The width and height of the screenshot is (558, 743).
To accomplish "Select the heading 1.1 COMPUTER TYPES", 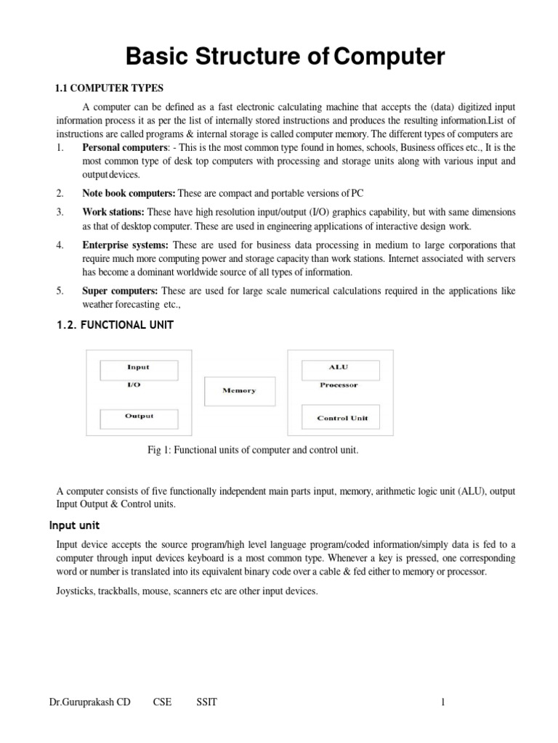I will [105, 89].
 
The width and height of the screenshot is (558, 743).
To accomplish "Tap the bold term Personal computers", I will [123, 147].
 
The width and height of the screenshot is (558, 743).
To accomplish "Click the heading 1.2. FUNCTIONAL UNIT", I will [115, 325].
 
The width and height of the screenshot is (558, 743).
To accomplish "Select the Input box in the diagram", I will [138, 368].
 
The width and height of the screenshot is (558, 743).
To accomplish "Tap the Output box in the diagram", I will [138, 417].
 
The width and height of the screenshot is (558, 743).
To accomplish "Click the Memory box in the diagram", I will [240, 390].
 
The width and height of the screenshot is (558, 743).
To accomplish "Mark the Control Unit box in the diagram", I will [342, 418].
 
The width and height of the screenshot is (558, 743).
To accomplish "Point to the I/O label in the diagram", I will [134, 385].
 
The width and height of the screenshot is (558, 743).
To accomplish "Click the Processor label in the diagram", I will [339, 385].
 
